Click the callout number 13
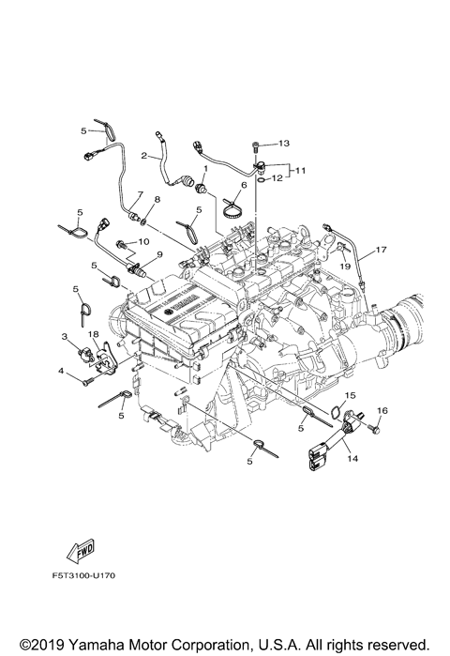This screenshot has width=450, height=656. click(284, 144)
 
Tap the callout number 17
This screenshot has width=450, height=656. click(381, 250)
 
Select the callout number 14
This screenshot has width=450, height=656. click(352, 459)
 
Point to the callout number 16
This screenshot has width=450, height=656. click(382, 411)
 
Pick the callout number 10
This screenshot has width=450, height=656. click(143, 242)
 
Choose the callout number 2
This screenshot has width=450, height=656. click(144, 156)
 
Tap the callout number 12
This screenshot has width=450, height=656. click(277, 178)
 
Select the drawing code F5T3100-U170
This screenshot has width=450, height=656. click(83, 575)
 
